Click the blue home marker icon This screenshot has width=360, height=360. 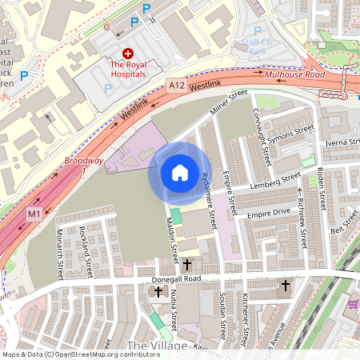[x=180, y=173]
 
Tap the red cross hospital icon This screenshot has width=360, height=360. [x=127, y=51]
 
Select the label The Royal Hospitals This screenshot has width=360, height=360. [x=128, y=69]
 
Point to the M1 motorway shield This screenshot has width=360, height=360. [x=34, y=214]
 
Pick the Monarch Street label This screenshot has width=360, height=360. [x=60, y=257]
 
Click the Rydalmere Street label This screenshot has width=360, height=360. [x=208, y=204]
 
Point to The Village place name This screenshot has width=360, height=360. [x=157, y=345]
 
